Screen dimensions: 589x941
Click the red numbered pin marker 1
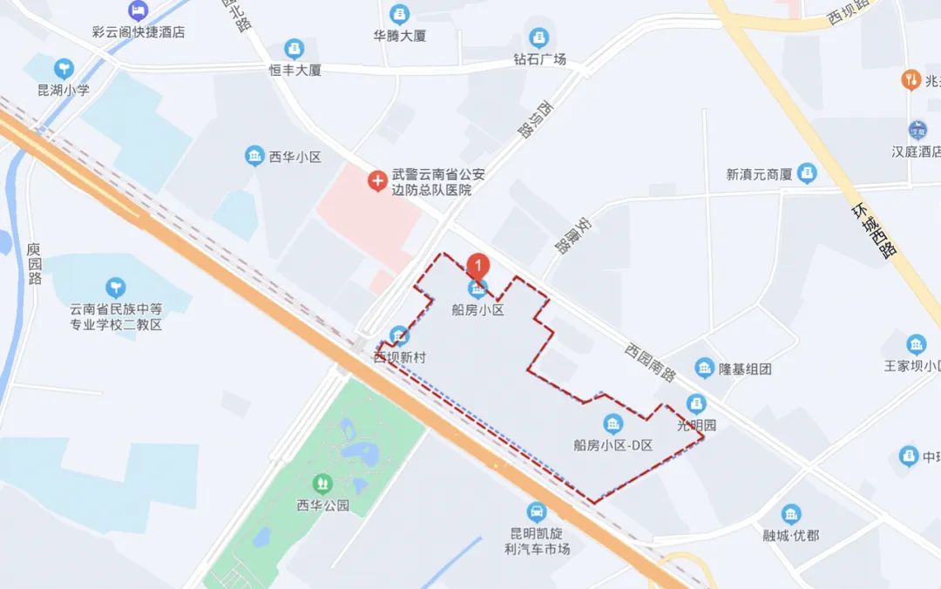point(477,264)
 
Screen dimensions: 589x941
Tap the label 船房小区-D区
point(613,444)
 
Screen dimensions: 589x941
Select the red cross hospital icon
point(377,181)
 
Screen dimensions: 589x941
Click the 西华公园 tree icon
point(323,482)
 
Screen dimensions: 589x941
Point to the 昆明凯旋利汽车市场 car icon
point(538,511)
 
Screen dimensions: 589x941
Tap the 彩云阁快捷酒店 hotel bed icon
point(138,11)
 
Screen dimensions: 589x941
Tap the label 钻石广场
point(539,59)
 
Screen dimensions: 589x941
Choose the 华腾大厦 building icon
point(399,14)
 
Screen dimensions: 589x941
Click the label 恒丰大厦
point(294,70)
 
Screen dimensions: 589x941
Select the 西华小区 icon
point(254,156)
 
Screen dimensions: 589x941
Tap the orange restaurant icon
point(910,80)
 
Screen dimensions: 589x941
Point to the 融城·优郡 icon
point(790,514)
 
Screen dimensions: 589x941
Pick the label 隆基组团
point(745,369)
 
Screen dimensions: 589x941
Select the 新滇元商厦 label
point(759,174)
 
